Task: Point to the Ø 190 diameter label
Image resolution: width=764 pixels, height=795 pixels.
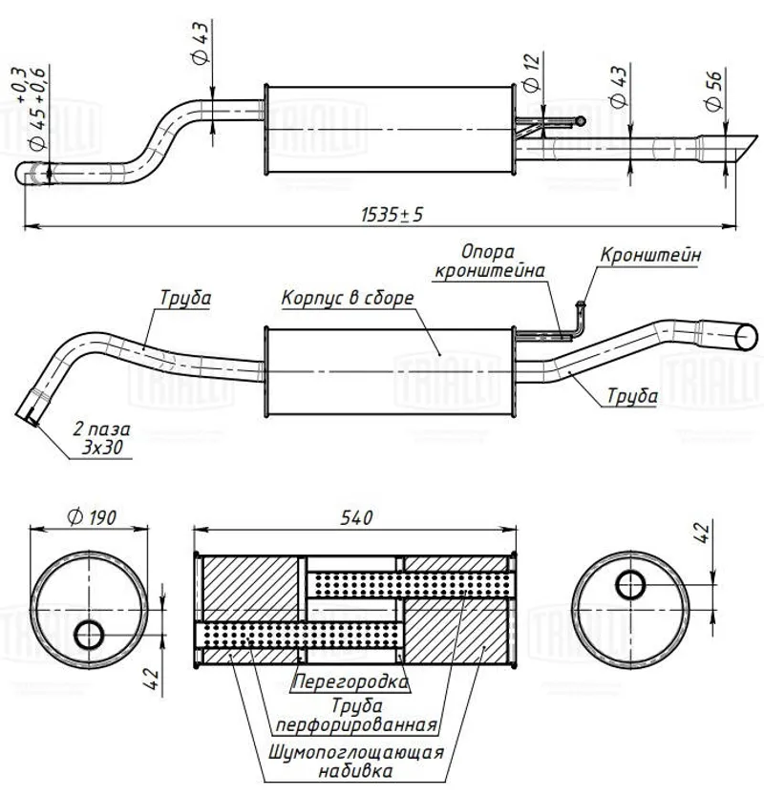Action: pyautogui.click(x=91, y=516)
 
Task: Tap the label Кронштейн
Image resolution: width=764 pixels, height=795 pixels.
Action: pyautogui.click(x=651, y=256)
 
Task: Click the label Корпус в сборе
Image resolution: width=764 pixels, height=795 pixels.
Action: pyautogui.click(x=348, y=298)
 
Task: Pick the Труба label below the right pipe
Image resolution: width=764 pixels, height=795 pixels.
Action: pyautogui.click(x=631, y=396)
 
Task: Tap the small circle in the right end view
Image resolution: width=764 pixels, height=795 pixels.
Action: pyautogui.click(x=630, y=583)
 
